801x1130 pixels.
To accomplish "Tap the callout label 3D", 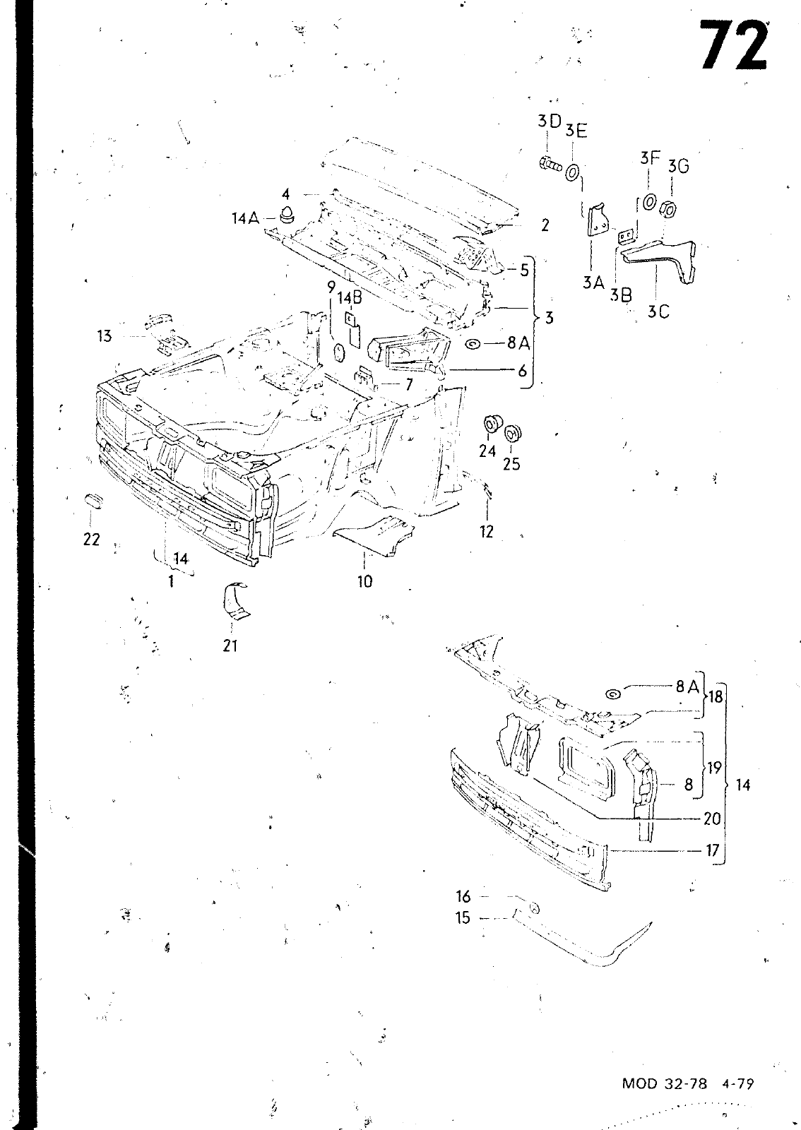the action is tap(550, 121).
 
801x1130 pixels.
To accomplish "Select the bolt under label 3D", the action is tap(551, 163).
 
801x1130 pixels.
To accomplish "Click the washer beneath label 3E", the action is tap(574, 172).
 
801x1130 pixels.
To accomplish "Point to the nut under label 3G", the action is tap(669, 208).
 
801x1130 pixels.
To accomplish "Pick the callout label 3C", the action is tap(658, 312).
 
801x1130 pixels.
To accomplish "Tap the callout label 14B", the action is tap(350, 297).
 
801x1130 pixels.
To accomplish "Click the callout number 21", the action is tap(230, 646).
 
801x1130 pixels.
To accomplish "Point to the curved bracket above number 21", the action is tap(235, 600).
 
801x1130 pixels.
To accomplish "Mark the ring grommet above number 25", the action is tap(513, 432).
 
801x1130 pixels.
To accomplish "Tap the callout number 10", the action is tap(364, 582).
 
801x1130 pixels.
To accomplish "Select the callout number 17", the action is tap(712, 850).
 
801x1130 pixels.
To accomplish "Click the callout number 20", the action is tap(712, 819).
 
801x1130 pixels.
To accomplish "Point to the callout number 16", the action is tap(463, 896).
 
